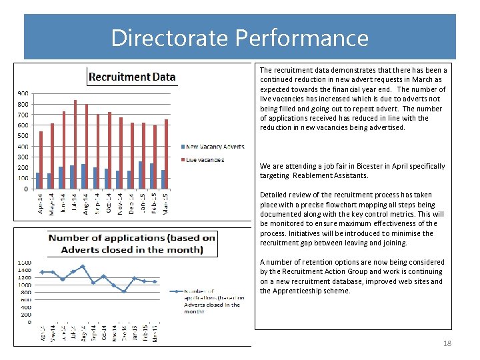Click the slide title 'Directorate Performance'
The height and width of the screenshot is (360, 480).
[239, 37]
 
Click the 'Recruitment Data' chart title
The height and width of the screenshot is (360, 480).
[132, 77]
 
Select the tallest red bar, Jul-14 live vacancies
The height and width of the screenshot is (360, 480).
[75, 144]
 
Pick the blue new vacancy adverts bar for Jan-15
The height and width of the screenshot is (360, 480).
[140, 175]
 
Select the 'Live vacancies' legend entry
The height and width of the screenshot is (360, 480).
[205, 160]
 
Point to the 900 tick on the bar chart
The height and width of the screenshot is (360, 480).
[23, 93]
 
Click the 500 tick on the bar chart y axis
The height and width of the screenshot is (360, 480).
[23, 136]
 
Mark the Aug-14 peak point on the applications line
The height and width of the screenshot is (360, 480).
[83, 267]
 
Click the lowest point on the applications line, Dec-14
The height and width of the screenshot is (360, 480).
[124, 291]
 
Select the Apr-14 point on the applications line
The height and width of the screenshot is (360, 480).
[41, 272]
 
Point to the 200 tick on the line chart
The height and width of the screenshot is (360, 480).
[26, 315]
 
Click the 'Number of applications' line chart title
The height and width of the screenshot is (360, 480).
[132, 243]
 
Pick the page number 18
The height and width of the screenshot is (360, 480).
[447, 343]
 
